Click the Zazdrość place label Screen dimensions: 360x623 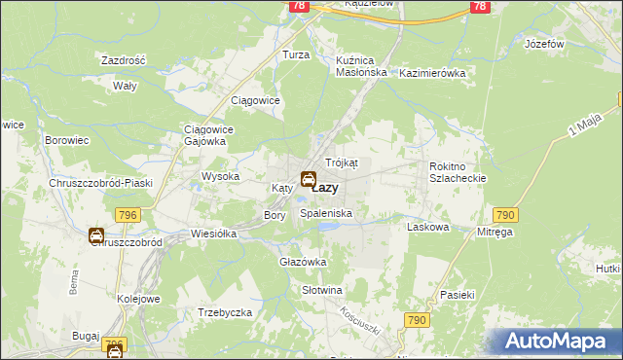tap(124, 60)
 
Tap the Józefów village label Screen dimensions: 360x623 tap(544, 45)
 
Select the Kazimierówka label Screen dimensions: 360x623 tap(433, 73)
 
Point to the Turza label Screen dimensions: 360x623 tap(296, 55)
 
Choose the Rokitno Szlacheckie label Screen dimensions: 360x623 tap(457, 172)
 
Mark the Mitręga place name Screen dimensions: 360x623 tap(495, 233)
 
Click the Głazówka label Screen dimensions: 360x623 tap(303, 263)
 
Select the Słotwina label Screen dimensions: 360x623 tap(322, 290)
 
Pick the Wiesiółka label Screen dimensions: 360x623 tap(215, 234)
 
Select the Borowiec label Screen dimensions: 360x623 tap(67, 140)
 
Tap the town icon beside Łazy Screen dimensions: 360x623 tap(308, 179)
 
